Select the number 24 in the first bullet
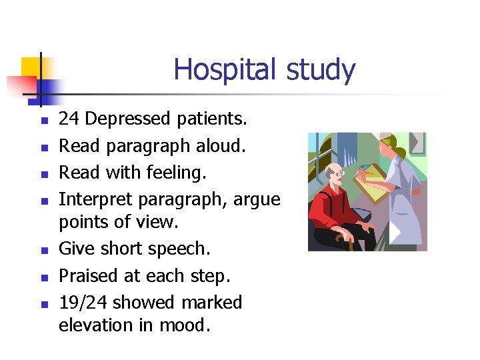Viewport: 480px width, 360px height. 69,119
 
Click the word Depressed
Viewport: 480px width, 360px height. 128,119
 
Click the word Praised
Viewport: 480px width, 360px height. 89,276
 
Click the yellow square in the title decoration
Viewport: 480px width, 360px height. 31,69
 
